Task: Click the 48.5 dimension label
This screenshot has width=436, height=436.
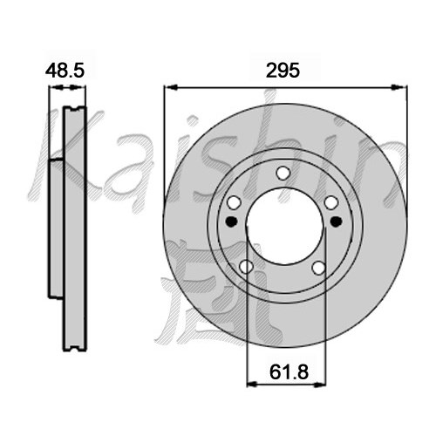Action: [65, 71]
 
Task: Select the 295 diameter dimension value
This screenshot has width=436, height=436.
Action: [283, 71]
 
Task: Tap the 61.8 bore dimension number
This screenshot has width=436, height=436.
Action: [289, 372]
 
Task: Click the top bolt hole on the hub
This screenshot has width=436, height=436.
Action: [283, 174]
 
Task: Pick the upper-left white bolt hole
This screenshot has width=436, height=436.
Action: [234, 202]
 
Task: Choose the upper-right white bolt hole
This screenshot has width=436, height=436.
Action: [331, 202]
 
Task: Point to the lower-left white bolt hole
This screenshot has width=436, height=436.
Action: [246, 267]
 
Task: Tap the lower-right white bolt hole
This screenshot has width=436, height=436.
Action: [319, 268]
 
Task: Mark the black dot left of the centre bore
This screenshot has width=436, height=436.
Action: [231, 221]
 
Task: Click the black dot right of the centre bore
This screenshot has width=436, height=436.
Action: [336, 221]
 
